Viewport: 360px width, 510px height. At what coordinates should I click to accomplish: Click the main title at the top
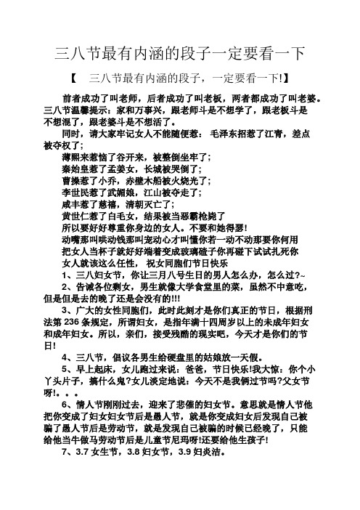pos(179,53)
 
